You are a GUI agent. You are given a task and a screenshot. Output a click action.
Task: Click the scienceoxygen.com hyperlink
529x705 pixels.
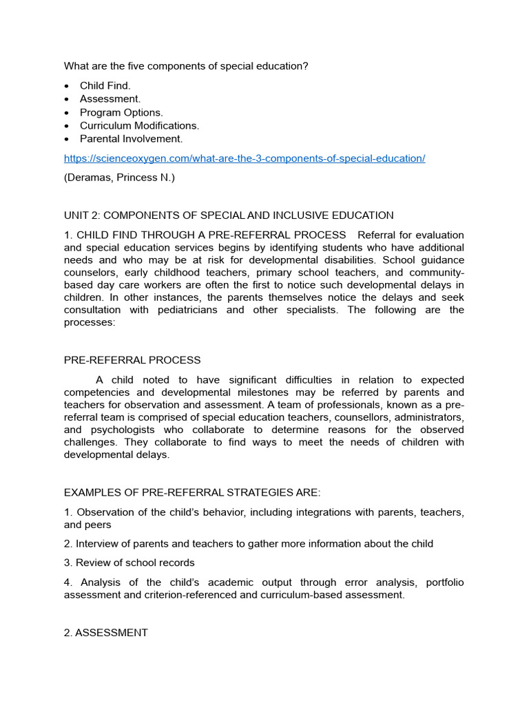pos(245,158)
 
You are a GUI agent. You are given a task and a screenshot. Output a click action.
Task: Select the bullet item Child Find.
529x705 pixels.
pos(105,86)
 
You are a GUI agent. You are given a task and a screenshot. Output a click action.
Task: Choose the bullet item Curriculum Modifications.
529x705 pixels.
pos(139,126)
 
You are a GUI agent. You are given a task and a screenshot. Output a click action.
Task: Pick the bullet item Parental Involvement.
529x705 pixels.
pos(131,139)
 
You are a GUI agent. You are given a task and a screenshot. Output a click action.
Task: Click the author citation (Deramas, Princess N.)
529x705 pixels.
pos(119,178)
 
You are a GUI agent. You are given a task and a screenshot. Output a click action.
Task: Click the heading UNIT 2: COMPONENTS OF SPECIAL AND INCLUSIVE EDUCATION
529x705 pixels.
pos(229,215)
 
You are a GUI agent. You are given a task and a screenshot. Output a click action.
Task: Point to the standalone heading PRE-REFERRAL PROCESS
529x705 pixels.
pos(132,360)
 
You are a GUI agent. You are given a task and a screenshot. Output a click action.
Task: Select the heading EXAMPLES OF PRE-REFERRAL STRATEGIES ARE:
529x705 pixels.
pos(192,492)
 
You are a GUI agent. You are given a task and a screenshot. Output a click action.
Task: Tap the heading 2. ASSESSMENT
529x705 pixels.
pos(105,633)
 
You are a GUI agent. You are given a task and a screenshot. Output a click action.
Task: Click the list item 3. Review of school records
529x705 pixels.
pos(129,562)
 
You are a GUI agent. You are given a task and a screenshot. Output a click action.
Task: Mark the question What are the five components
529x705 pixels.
pos(185,66)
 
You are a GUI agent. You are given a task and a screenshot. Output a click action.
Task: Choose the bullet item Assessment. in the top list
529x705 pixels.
pos(110,99)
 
